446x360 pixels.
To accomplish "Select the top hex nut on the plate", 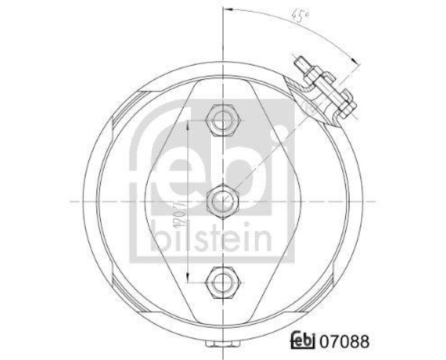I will [x=222, y=118].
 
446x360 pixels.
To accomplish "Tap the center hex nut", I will [x=222, y=199].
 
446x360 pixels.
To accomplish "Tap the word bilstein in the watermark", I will [x=210, y=240].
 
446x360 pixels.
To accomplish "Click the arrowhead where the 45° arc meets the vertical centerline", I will [x=226, y=9].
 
